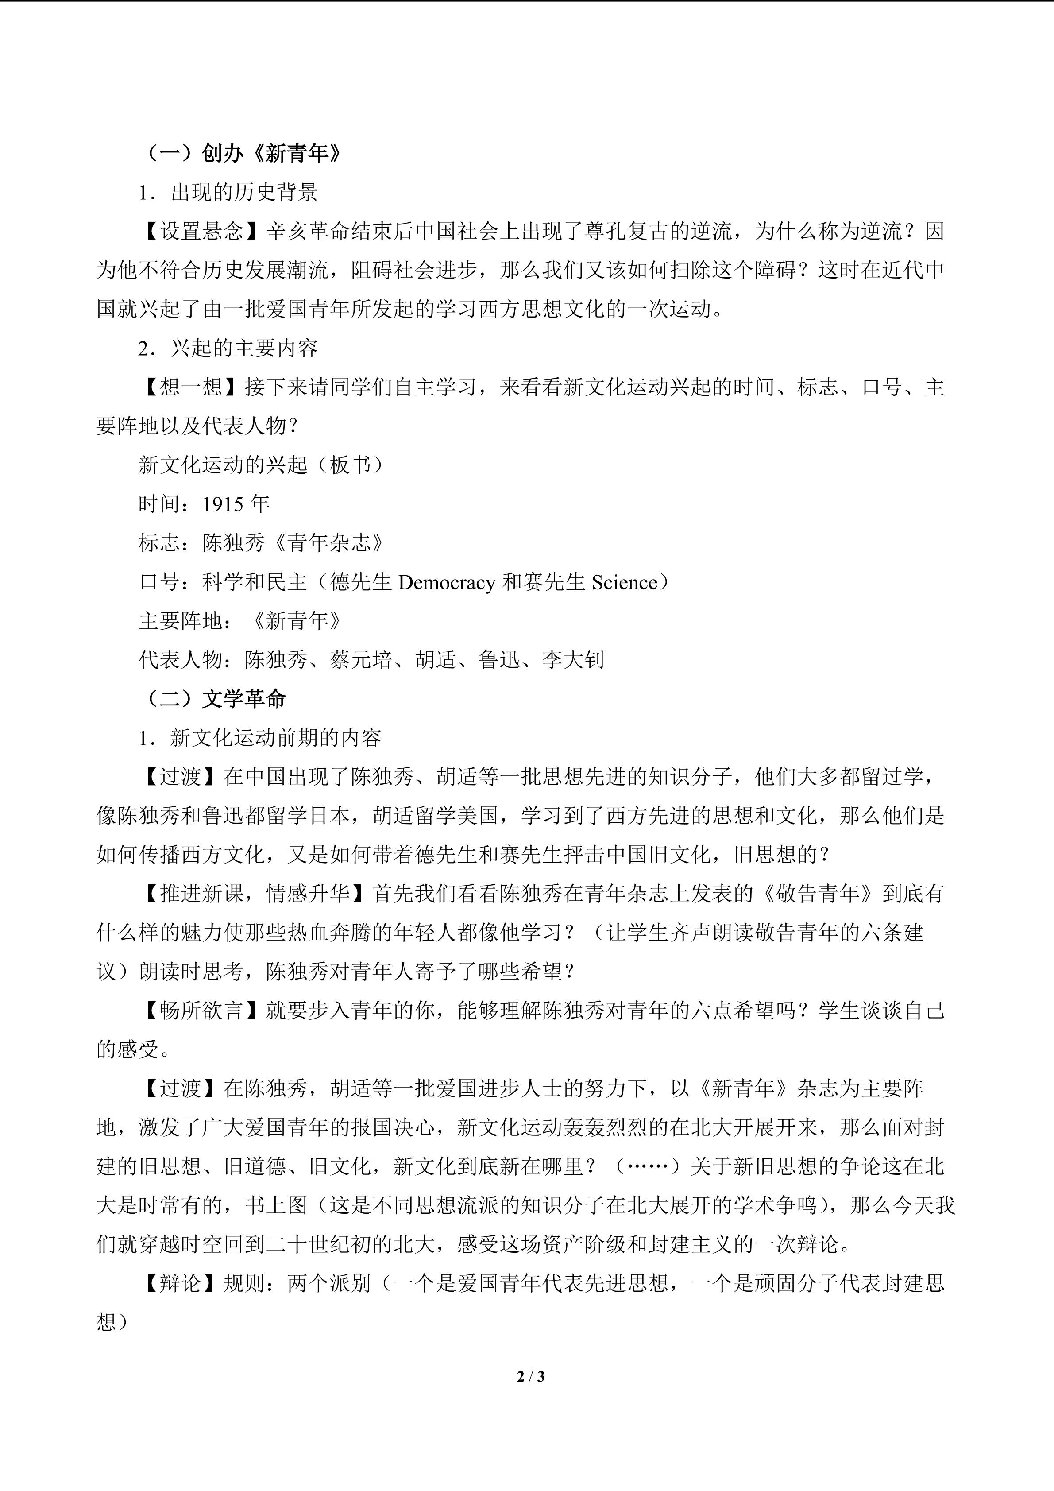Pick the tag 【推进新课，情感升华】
click(x=255, y=894)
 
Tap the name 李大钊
click(x=573, y=660)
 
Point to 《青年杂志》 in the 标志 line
click(x=329, y=543)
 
